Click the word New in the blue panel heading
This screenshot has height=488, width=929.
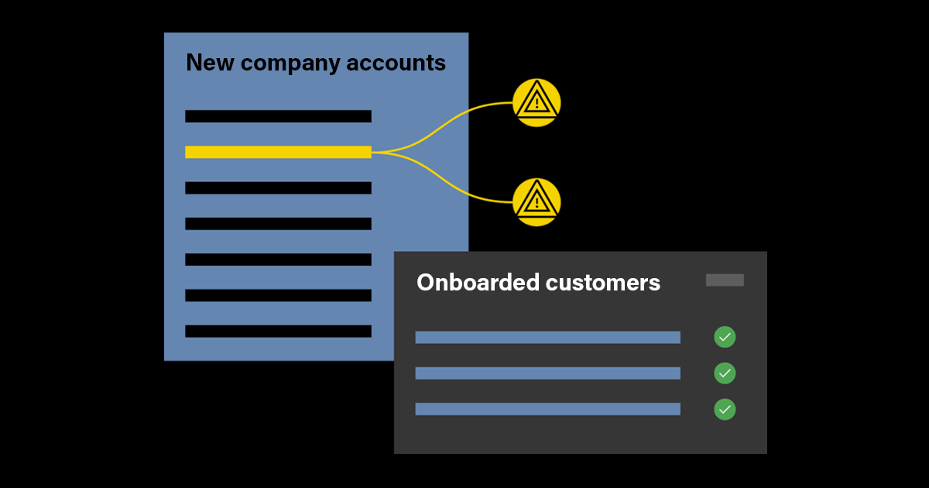210,63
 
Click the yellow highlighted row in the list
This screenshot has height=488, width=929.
278,152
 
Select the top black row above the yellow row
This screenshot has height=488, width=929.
278,116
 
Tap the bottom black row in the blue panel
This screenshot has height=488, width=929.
278,331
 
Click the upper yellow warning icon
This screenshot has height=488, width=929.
536,102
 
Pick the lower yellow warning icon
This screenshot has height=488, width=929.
536,202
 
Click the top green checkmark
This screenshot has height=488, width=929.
725,337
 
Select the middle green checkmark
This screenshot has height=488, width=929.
725,373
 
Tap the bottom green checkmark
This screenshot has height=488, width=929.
725,409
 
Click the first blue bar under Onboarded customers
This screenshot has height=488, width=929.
547,337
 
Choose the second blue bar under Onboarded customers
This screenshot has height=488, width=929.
547,373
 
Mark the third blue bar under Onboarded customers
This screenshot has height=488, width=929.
547,409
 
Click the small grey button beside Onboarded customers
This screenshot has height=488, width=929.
725,280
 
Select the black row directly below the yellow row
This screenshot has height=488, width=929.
278,187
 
